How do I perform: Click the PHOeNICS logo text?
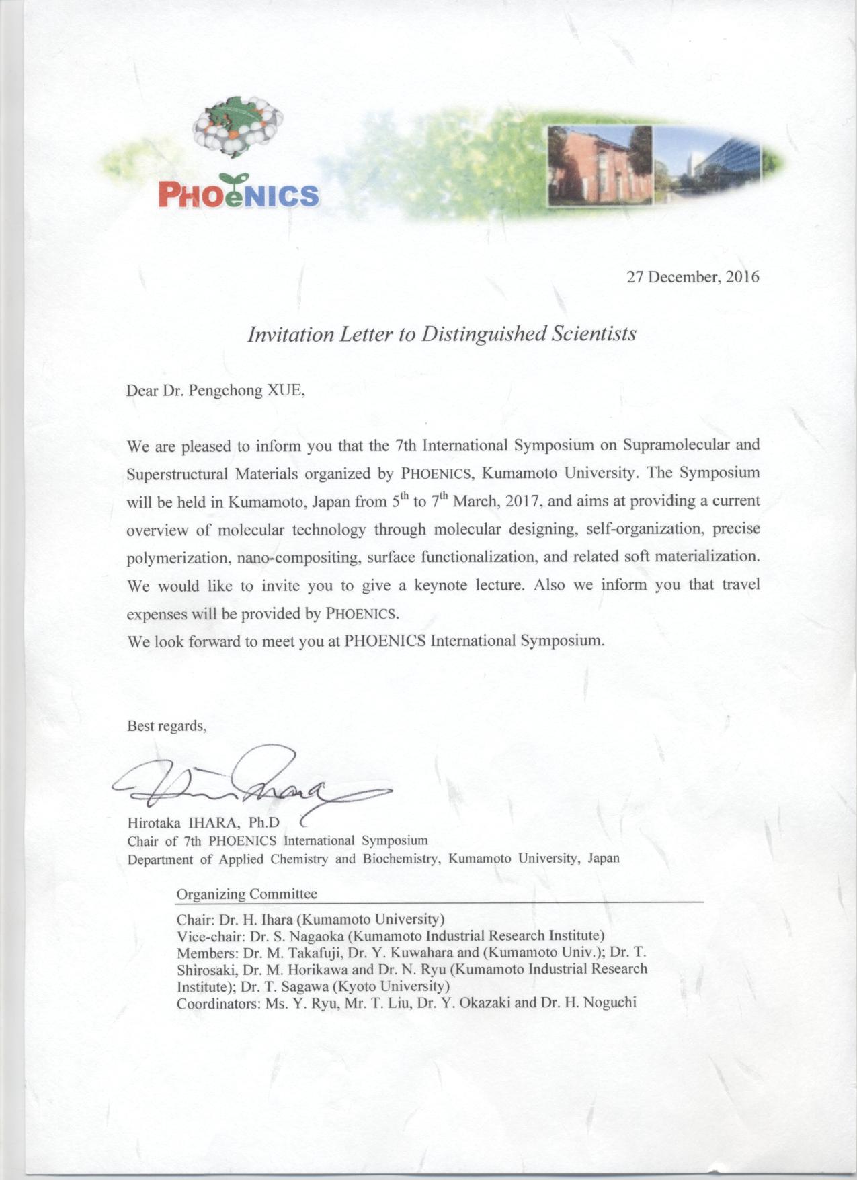pyautogui.click(x=238, y=194)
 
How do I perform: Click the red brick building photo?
pyautogui.click(x=600, y=165)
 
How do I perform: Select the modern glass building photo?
pyautogui.click(x=707, y=166)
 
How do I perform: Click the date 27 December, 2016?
pyautogui.click(x=692, y=276)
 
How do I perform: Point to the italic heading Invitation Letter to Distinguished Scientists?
pyautogui.click(x=442, y=334)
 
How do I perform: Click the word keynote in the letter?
pyautogui.click(x=440, y=585)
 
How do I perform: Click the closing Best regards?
pyautogui.click(x=167, y=726)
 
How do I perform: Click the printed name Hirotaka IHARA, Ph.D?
pyautogui.click(x=203, y=822)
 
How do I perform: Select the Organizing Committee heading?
pyautogui.click(x=246, y=894)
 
